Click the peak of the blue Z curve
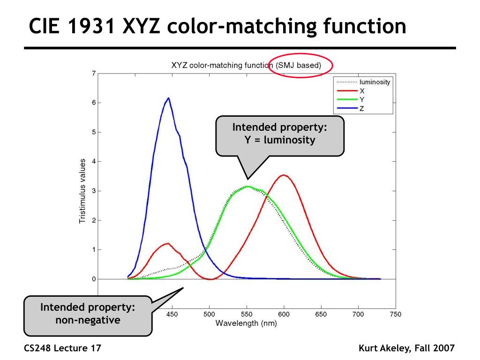168,98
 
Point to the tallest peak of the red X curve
283,175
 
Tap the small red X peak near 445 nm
167,243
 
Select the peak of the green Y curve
247,187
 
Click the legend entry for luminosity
375,82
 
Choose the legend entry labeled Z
361,109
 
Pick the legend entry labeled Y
361,100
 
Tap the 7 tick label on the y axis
94,73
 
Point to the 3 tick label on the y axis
94,191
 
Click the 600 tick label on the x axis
283,314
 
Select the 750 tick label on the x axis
396,314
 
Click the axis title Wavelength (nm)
246,323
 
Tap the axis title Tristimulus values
82,191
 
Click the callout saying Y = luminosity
280,134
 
